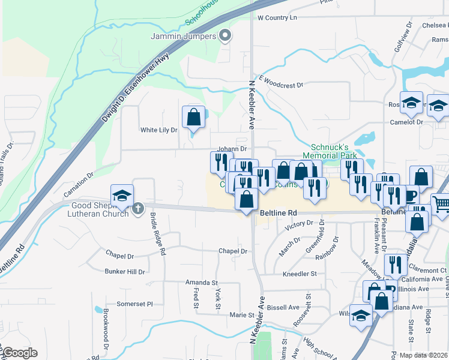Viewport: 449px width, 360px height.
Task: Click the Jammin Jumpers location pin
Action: click(x=225, y=35)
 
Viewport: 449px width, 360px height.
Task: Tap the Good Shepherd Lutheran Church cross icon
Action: click(x=138, y=209)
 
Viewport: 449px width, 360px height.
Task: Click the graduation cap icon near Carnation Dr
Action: click(x=121, y=195)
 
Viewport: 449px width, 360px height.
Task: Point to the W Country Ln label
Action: click(x=277, y=18)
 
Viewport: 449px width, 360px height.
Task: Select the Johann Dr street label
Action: click(x=232, y=148)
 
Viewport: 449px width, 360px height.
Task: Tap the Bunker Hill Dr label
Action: click(x=125, y=272)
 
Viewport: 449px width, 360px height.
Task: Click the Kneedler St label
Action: click(x=299, y=274)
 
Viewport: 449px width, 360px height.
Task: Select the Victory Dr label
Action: click(x=300, y=224)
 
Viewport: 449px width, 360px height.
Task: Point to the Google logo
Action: click(x=19, y=353)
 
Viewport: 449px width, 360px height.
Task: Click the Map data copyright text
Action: click(x=423, y=355)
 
